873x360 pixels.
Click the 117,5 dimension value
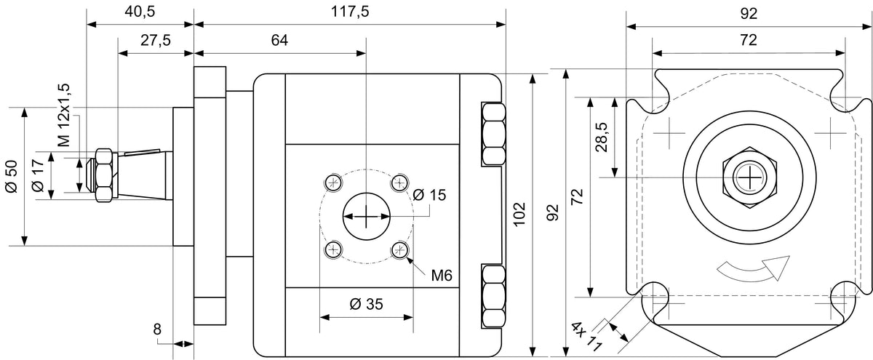(350, 12)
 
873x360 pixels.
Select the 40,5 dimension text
(140, 12)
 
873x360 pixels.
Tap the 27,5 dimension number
(156, 40)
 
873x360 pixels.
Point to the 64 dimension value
(279, 40)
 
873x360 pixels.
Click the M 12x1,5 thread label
(63, 115)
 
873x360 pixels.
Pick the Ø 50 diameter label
(12, 176)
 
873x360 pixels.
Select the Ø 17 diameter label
(38, 175)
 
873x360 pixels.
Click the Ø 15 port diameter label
(429, 195)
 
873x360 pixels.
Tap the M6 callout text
(442, 276)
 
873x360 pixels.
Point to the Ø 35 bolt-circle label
(367, 304)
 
